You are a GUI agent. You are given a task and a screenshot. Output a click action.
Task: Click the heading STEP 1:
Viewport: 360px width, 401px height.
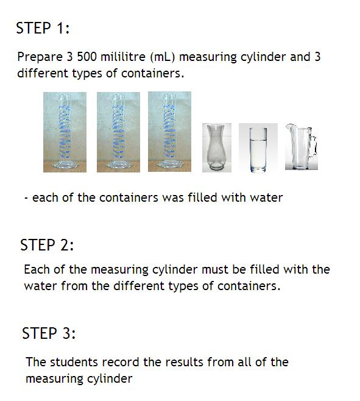(x=43, y=28)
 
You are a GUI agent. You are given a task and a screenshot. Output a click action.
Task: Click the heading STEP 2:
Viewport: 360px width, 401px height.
(x=47, y=245)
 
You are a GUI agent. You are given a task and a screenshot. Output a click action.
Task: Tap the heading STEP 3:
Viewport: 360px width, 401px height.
(x=49, y=333)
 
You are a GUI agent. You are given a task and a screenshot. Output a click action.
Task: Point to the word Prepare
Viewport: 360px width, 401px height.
(x=40, y=57)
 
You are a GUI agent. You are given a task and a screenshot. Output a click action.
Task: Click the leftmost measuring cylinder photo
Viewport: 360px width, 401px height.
(x=65, y=132)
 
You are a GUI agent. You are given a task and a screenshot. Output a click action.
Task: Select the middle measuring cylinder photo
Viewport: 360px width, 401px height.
(x=118, y=132)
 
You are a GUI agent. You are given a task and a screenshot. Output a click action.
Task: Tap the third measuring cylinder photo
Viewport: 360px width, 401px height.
(x=169, y=132)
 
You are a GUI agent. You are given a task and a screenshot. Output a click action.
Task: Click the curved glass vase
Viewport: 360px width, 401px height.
(x=217, y=147)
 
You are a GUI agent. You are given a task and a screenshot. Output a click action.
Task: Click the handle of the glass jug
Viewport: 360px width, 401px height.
(x=314, y=144)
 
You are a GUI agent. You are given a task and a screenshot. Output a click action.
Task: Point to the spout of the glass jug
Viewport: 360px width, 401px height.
(x=289, y=127)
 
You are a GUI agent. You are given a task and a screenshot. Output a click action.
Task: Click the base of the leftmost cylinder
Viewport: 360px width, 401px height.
(x=65, y=165)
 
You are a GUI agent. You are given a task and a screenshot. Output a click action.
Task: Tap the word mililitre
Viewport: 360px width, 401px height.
(x=123, y=57)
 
